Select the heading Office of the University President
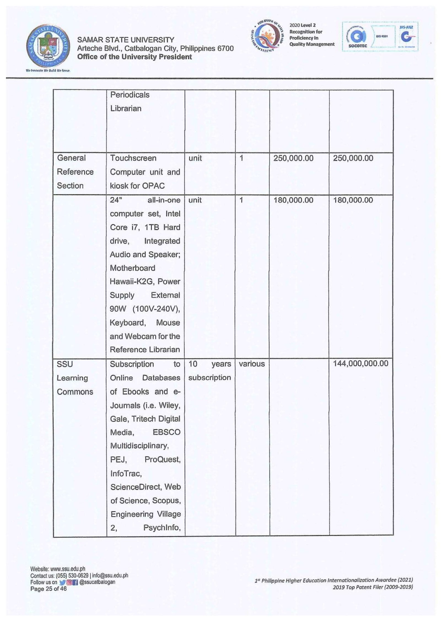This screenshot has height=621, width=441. pyautogui.click(x=135, y=57)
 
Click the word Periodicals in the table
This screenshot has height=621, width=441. pyautogui.click(x=130, y=95)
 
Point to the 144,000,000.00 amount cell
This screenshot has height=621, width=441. pyautogui.click(x=361, y=364)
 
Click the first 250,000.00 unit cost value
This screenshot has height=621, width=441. pyautogui.click(x=293, y=158)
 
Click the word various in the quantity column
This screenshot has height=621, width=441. pyautogui.click(x=252, y=364)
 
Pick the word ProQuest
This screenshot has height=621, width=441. pyautogui.click(x=162, y=459)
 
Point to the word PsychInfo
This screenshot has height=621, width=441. pyautogui.click(x=162, y=528)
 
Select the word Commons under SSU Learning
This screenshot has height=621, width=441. pyautogui.click(x=75, y=392)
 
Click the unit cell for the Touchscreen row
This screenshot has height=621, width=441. pyautogui.click(x=195, y=158)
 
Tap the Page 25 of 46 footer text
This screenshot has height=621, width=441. pyautogui.click(x=49, y=589)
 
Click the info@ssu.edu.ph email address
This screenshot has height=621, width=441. pyautogui.click(x=110, y=575)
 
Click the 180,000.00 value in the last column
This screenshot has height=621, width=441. pyautogui.click(x=353, y=200)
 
